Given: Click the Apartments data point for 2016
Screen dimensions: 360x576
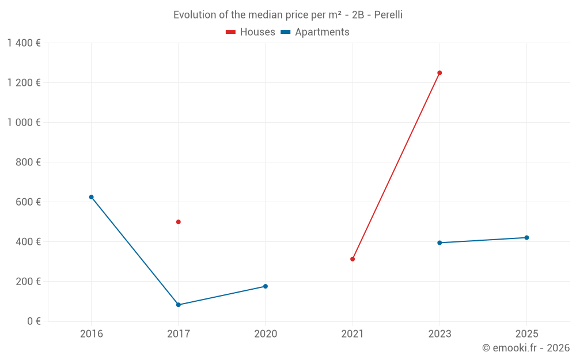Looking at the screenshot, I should tap(91, 197).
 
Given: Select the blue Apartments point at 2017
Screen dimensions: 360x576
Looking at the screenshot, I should tap(179, 305).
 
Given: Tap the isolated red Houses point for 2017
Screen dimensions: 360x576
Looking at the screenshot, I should tap(179, 222).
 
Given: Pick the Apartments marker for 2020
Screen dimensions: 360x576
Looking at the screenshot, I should tap(266, 286).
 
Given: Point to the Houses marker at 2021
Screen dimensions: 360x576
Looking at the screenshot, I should tap(353, 259).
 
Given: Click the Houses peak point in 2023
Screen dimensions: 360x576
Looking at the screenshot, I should tap(439, 73).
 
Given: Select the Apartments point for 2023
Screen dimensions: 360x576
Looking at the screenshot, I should tap(439, 242).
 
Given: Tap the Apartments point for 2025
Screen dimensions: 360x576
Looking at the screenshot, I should tap(526, 238).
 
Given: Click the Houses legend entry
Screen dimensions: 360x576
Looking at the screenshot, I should tap(251, 32).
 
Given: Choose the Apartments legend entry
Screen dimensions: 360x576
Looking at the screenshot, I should tap(315, 32).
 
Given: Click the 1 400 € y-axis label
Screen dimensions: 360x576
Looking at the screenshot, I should tap(24, 43).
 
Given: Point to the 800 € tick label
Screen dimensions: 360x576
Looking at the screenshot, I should tap(28, 162).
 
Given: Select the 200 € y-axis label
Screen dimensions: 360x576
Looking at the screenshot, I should tap(28, 282).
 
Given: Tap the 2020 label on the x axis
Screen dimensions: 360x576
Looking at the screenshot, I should tap(266, 334).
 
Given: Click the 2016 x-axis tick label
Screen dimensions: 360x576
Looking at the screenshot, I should tap(91, 334).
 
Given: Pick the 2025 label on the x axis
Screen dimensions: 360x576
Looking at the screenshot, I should tap(526, 334).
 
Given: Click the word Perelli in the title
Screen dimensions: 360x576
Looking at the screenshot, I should tap(388, 15).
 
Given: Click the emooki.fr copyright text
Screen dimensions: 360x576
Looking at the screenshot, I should tap(526, 348).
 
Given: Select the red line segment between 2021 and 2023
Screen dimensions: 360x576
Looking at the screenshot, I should tap(396, 166).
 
